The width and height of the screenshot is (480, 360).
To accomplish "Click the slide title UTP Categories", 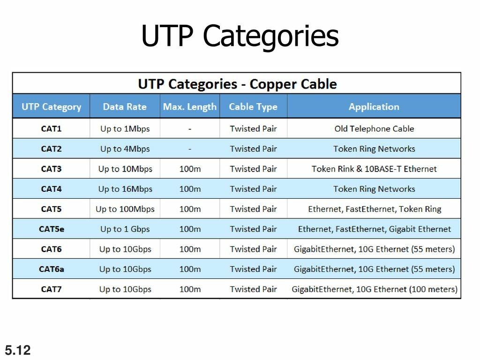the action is [240, 37].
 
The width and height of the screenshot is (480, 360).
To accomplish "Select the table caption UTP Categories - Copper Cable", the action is [237, 84].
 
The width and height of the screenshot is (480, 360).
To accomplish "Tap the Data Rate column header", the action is [125, 106].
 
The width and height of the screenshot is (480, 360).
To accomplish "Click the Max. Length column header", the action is [190, 107].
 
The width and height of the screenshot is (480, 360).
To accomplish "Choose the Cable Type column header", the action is [253, 107].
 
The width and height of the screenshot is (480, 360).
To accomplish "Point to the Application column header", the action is [374, 107].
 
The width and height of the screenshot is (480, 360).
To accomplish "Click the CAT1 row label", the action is [52, 128].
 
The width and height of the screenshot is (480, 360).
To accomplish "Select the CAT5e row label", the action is [52, 229].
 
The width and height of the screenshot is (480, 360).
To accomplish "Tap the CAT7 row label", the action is [52, 289].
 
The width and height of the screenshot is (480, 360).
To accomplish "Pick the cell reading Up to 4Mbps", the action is [125, 149].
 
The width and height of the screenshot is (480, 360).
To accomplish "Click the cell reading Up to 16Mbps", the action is [125, 189].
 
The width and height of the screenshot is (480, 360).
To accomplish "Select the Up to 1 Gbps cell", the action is [125, 229].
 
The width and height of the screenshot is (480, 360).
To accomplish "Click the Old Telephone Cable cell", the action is [374, 128].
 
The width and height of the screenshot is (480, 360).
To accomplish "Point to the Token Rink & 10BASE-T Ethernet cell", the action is [374, 169].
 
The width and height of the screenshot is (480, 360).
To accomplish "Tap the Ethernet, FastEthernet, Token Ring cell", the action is [375, 209].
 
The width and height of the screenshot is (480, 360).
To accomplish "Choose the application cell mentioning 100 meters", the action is [375, 289].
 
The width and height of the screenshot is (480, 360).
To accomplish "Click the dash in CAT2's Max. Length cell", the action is [190, 149].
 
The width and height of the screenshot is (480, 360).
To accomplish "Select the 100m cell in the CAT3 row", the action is [190, 169].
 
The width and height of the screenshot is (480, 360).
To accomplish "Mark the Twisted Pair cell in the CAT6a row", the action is [253, 269].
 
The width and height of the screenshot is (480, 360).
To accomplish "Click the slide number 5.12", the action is [18, 350].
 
